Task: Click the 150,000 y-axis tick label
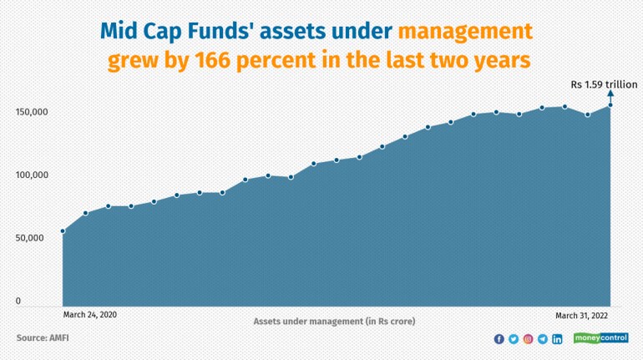pyautogui.click(x=32, y=112)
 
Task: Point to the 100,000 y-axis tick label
pyautogui.click(x=32, y=175)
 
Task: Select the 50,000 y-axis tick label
pyautogui.click(x=29, y=238)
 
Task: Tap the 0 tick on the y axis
pyautogui.click(x=18, y=301)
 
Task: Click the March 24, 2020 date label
pyautogui.click(x=90, y=315)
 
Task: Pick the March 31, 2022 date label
pyautogui.click(x=581, y=315)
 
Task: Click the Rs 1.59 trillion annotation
pyautogui.click(x=604, y=84)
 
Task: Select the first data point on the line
pyautogui.click(x=63, y=231)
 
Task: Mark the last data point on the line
pyautogui.click(x=610, y=105)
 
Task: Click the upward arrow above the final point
pyautogui.click(x=610, y=97)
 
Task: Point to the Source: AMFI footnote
pyautogui.click(x=43, y=337)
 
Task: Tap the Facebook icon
pyautogui.click(x=499, y=338)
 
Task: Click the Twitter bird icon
pyautogui.click(x=514, y=338)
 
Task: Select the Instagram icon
pyautogui.click(x=528, y=338)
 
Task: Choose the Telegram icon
pyautogui.click(x=543, y=338)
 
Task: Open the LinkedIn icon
pyautogui.click(x=557, y=338)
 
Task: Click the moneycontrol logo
pyautogui.click(x=600, y=337)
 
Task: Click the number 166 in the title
pyautogui.click(x=211, y=60)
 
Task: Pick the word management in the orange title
pyautogui.click(x=465, y=32)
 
